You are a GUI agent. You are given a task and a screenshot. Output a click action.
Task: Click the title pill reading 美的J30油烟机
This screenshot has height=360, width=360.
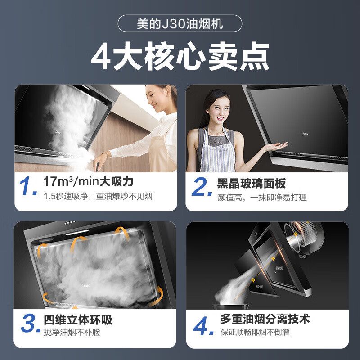tap(180, 23)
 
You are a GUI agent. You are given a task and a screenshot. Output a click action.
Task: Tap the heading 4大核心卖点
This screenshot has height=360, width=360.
tap(180, 57)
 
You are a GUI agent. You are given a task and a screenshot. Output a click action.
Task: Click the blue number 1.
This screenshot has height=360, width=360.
tap(29, 188)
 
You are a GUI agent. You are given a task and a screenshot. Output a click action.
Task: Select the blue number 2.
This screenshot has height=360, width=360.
tap(201, 188)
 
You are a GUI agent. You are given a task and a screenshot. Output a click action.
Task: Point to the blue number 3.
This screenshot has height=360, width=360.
tap(29, 324)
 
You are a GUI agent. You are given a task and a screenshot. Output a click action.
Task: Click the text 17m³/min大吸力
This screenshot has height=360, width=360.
tap(88, 182)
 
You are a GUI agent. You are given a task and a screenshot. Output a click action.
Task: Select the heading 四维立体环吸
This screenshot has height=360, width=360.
tap(78, 320)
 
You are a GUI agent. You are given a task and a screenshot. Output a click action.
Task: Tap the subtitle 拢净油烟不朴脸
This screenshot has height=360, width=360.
tap(72, 333)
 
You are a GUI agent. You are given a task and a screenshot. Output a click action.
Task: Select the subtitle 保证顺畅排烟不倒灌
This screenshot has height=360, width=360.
tap(255, 333)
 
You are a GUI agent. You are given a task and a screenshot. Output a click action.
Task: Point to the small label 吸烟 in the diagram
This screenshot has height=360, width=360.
tap(302, 256)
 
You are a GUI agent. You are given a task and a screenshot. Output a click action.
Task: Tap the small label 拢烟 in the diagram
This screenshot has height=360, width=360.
tap(279, 268)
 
